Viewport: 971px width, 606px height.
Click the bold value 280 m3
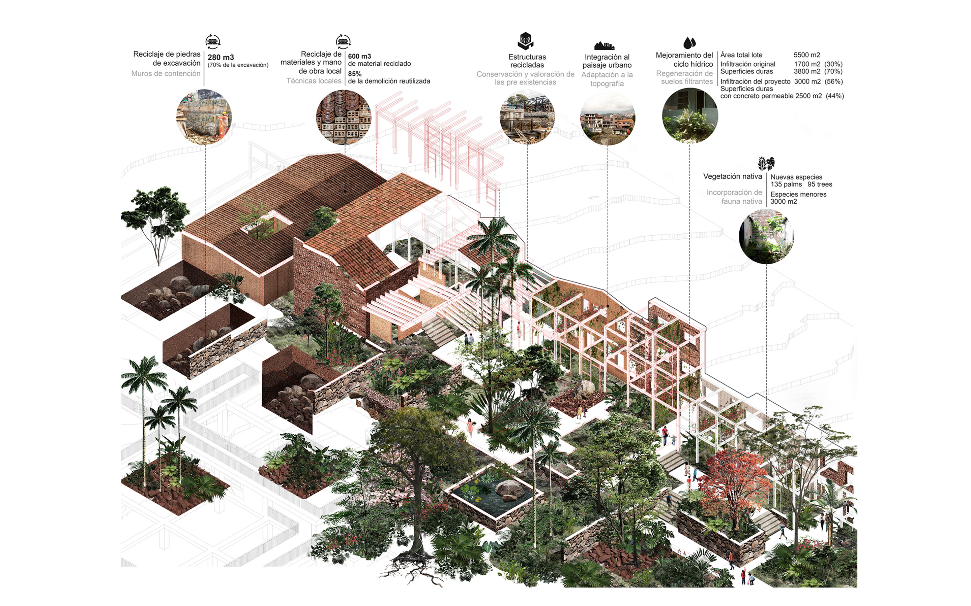(x=221, y=57)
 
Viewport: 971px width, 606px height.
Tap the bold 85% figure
(x=355, y=74)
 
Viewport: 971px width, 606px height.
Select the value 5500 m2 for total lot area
(x=806, y=55)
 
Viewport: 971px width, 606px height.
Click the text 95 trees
(x=820, y=184)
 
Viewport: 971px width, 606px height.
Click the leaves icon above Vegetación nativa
(x=766, y=164)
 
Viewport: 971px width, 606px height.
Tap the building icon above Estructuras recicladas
(x=526, y=41)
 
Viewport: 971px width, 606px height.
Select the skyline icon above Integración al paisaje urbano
(x=604, y=45)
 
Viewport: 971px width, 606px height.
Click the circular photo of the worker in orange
(x=204, y=116)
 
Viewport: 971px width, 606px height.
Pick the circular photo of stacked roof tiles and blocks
(x=344, y=116)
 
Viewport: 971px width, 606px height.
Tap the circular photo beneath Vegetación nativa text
(x=766, y=236)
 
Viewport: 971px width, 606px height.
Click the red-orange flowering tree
(x=733, y=477)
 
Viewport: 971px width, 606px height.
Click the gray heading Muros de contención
(x=166, y=73)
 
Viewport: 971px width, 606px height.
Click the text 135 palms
(x=786, y=184)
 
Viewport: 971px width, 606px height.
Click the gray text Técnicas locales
(x=314, y=80)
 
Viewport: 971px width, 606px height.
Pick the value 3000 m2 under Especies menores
(x=784, y=202)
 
